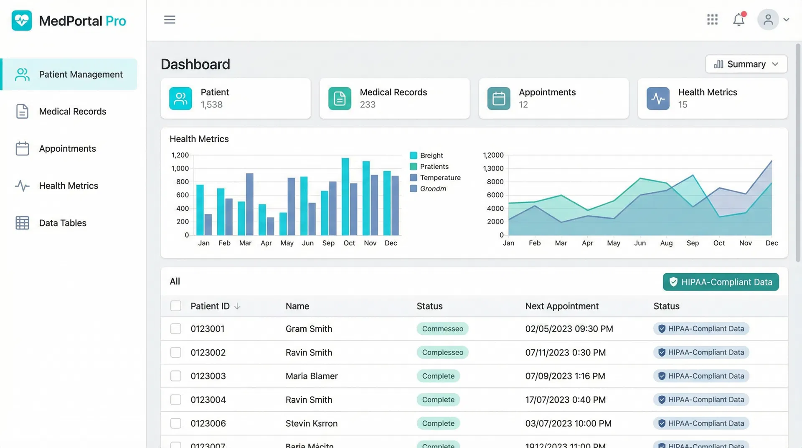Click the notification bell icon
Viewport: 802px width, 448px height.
[739, 20]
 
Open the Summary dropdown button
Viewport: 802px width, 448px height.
[746, 64]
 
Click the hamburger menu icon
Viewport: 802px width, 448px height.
[170, 20]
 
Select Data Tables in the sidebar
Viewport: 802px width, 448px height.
[63, 223]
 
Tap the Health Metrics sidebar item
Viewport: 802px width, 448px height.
[69, 186]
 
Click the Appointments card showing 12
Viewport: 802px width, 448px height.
[553, 98]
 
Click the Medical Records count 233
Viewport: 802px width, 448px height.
[368, 104]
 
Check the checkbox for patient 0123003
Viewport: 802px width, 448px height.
[176, 376]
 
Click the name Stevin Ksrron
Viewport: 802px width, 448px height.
[312, 423]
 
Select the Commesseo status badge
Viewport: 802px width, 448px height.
[442, 329]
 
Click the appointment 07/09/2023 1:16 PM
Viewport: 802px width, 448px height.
[565, 376]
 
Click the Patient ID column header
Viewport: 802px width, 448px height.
[210, 306]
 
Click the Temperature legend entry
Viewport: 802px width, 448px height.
[440, 178]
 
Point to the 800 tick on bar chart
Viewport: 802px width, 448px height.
[183, 182]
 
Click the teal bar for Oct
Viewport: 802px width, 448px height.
[345, 196]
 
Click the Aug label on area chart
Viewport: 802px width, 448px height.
[666, 243]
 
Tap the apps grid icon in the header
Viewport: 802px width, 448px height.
[712, 20]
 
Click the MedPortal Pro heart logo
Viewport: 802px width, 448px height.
[22, 20]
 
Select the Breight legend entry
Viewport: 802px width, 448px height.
[431, 155]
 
